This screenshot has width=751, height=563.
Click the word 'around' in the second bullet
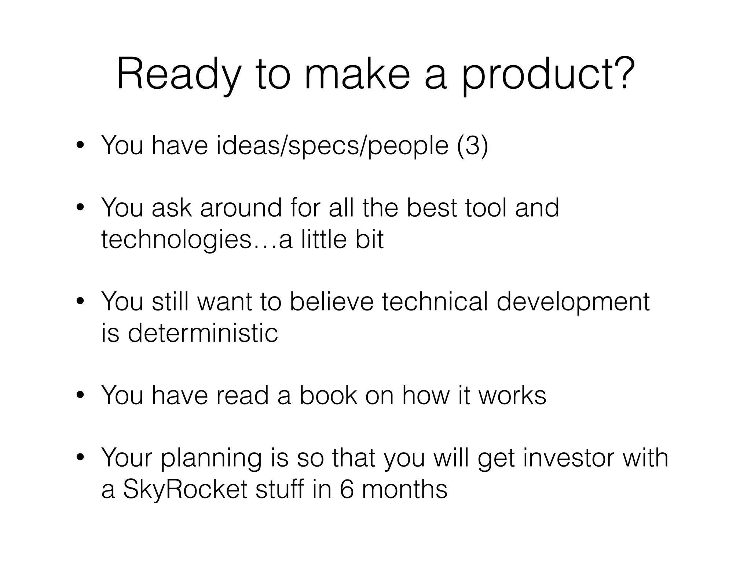(241, 208)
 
